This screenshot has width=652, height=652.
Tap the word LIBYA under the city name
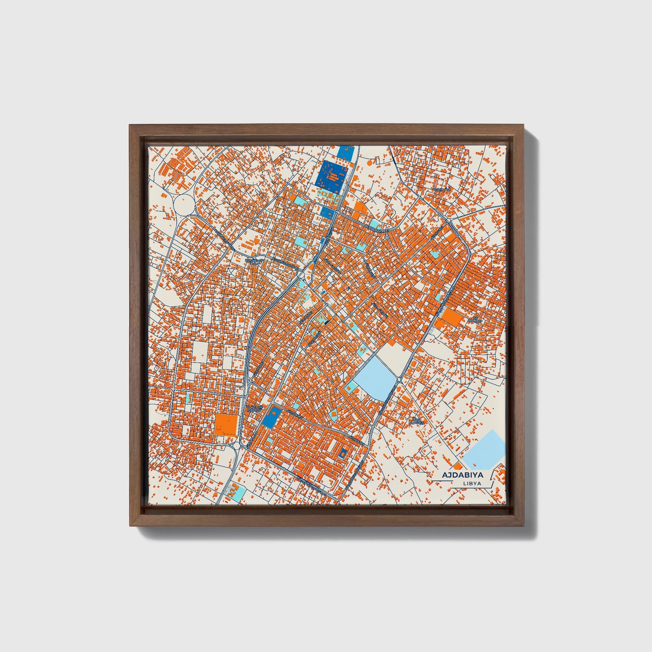click(x=472, y=484)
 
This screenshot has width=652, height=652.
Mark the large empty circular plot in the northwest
click(x=184, y=205)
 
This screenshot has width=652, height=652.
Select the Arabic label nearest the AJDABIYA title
click(x=416, y=421)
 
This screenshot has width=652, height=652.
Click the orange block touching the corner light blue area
click(x=458, y=465)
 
